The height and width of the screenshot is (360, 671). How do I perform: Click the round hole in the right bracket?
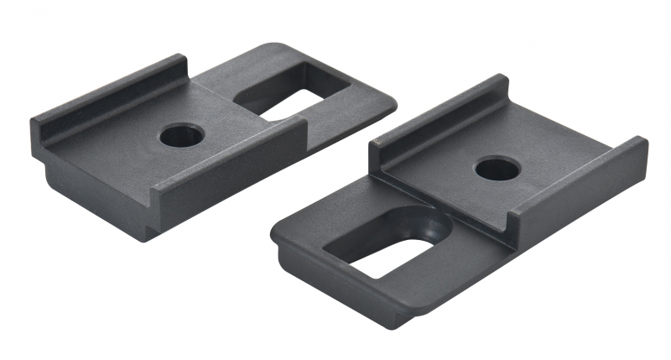[x=497, y=169]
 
